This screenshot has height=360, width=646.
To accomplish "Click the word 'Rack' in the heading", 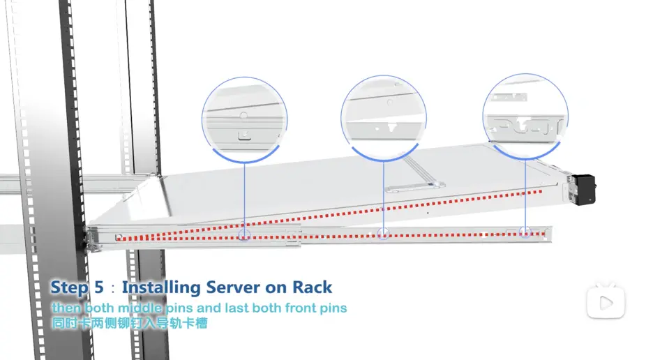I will point(311,287).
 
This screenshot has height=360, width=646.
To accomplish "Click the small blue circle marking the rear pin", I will point(244,234).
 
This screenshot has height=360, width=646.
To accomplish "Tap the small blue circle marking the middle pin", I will point(383,233).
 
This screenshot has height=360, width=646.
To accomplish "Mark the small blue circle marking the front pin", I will point(525,232).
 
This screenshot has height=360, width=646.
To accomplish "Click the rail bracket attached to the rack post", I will point(91,235).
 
